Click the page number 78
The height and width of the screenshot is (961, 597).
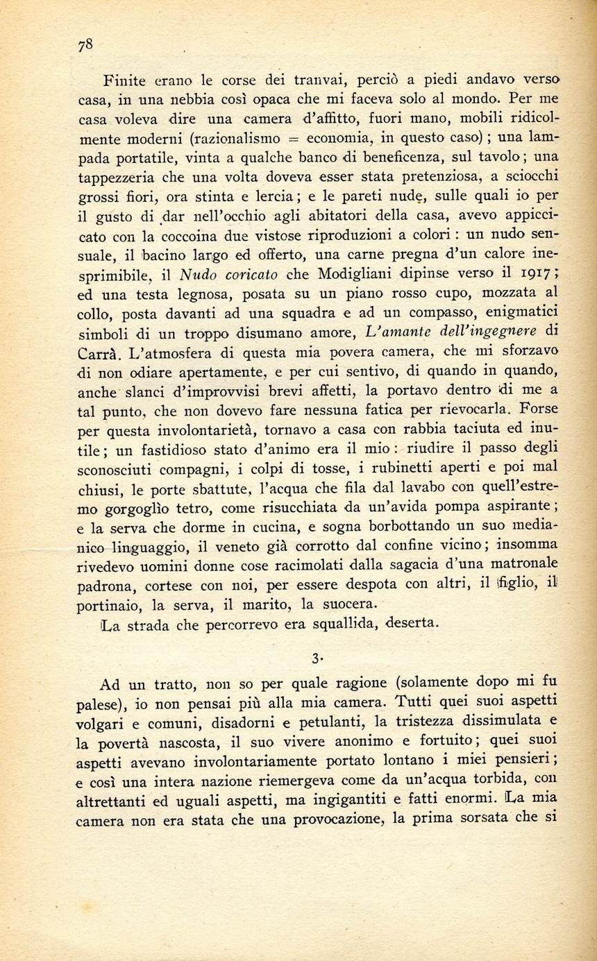point(85,45)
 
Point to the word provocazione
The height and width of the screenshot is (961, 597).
point(324,819)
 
